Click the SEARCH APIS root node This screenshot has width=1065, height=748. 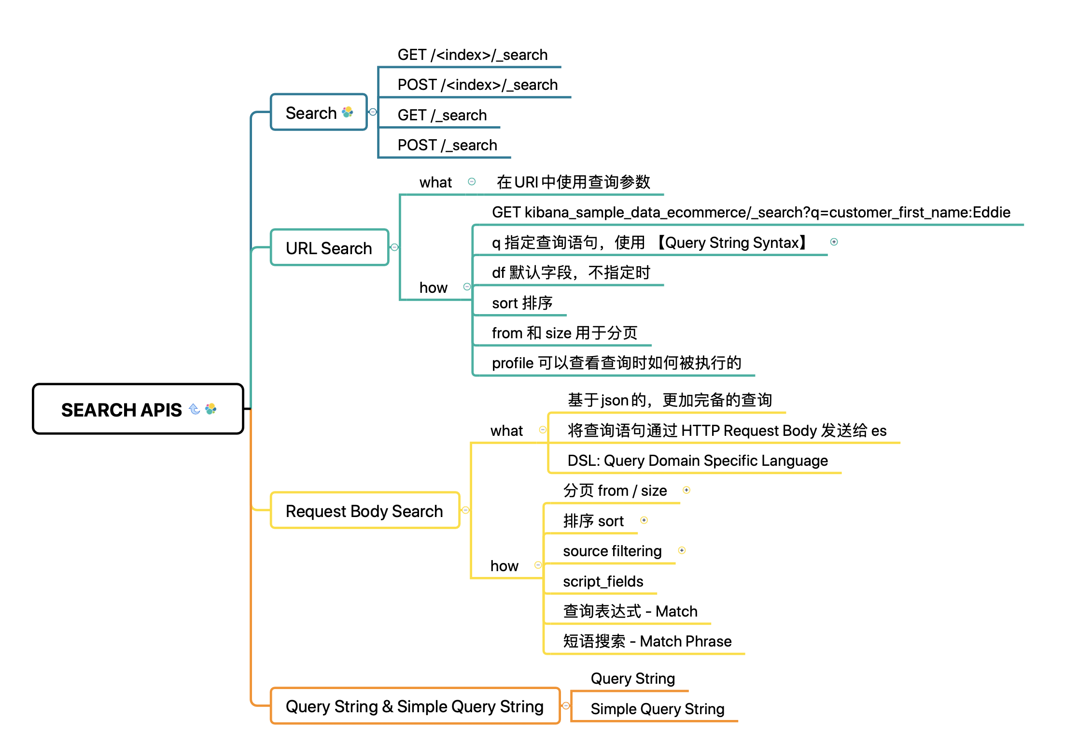(138, 409)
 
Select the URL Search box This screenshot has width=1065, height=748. (329, 248)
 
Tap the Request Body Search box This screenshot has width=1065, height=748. (364, 511)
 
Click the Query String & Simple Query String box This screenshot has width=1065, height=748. (415, 706)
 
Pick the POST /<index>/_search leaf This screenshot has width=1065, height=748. (477, 85)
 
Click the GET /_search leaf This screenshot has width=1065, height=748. (442, 115)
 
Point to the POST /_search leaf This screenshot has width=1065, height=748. (447, 145)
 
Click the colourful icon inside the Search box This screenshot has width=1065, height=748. (347, 112)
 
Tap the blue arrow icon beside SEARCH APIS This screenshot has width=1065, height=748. (195, 409)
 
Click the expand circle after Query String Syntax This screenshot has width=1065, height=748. (834, 242)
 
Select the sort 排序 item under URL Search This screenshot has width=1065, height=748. (522, 303)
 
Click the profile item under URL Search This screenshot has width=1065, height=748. (616, 363)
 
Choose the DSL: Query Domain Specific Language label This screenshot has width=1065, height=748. (697, 460)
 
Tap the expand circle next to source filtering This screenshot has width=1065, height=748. (682, 550)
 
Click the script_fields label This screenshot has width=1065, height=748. (603, 581)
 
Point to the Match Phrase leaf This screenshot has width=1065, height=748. (647, 641)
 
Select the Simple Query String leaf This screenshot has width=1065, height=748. (657, 709)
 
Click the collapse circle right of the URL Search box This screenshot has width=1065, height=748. (394, 247)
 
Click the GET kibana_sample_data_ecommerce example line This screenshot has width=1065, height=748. (751, 212)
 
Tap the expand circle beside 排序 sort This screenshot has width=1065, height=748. (644, 520)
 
